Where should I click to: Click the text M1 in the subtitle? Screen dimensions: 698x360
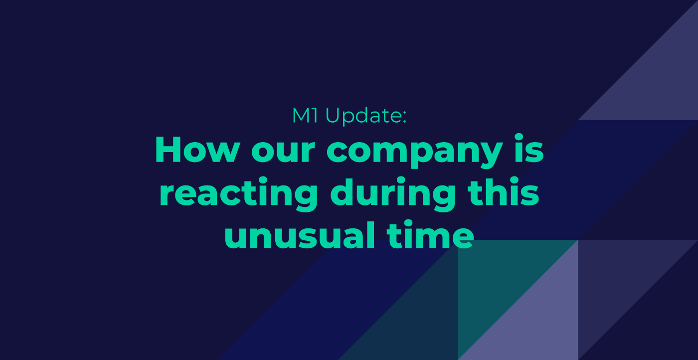pyautogui.click(x=305, y=115)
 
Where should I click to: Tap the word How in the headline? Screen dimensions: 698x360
pyautogui.click(x=197, y=149)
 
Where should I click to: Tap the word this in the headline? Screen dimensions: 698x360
pyautogui.click(x=503, y=191)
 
